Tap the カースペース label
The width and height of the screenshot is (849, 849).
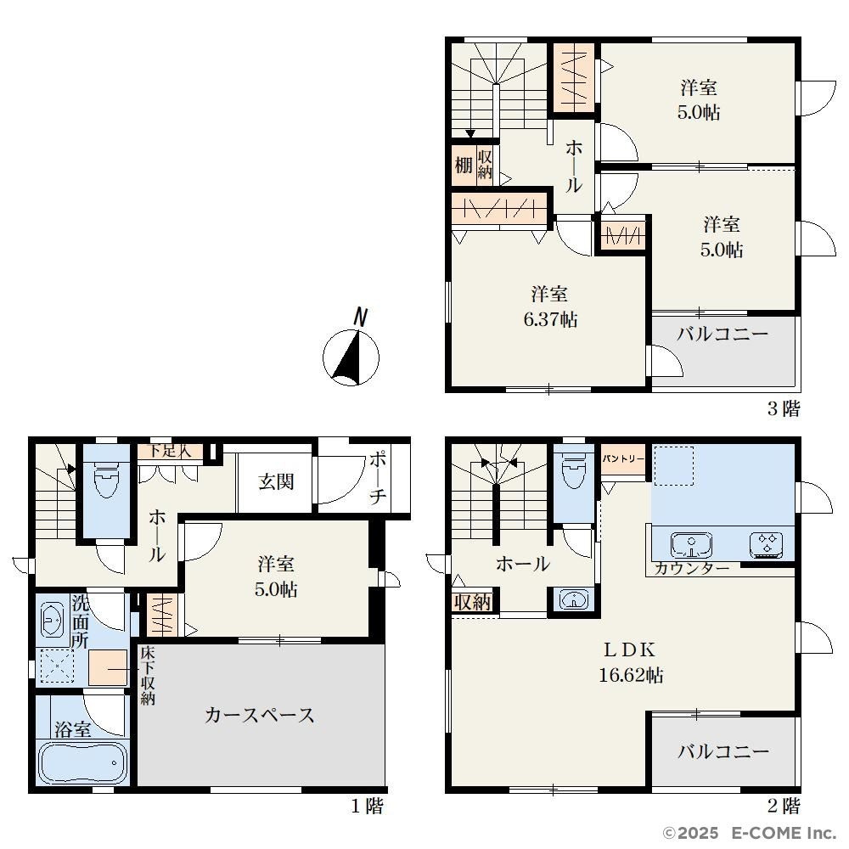pos(260,715)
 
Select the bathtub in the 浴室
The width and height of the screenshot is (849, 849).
pos(84,762)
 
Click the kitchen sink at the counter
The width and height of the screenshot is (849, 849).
pos(691,545)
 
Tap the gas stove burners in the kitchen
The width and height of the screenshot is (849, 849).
pos(766,545)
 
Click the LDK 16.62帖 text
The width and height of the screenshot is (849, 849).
pos(631,661)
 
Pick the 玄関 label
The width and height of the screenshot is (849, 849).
pos(276,481)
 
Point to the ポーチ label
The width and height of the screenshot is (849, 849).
pos(378,479)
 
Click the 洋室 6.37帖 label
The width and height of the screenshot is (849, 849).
pos(550,306)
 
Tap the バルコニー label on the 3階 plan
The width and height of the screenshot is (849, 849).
pos(722,334)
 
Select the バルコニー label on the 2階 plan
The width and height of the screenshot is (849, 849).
pos(723,751)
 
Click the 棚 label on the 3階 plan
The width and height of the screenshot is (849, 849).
pos(464,165)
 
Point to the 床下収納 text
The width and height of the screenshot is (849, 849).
pos(148,676)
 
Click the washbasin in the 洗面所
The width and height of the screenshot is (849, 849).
pos(53,619)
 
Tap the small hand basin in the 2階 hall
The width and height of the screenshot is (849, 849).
pos(574,600)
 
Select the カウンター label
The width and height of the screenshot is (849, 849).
pos(692,569)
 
